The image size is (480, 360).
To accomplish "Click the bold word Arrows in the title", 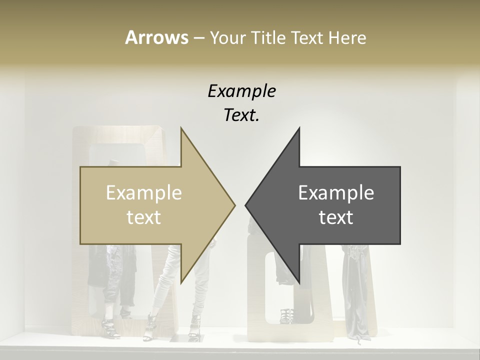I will pyautogui.click(x=156, y=37).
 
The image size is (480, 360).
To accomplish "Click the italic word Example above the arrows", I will pyautogui.click(x=241, y=91).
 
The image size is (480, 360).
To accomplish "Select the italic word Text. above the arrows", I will pyautogui.click(x=241, y=115).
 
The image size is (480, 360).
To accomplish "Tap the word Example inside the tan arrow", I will pyautogui.click(x=144, y=193).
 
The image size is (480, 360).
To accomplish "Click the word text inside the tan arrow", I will pyautogui.click(x=144, y=217).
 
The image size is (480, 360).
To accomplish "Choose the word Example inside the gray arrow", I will pyautogui.click(x=336, y=193).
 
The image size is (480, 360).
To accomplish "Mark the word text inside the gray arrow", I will pyautogui.click(x=336, y=217).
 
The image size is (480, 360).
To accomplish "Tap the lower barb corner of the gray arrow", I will pyautogui.click(x=299, y=283).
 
